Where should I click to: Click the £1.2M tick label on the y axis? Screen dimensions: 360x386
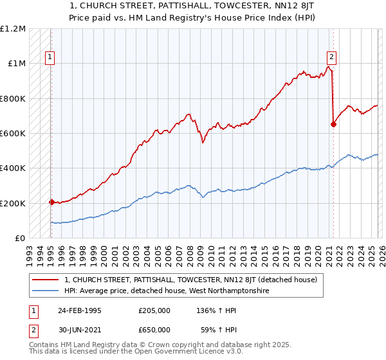point(13,29)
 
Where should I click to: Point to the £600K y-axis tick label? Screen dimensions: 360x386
point(13,134)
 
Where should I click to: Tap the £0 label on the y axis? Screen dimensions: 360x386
point(19,238)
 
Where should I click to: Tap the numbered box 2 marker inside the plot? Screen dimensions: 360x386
point(332,56)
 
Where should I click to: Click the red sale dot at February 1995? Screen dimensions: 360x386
point(51,202)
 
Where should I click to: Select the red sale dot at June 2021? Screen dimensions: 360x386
point(333,125)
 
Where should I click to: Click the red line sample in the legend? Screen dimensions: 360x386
point(46,280)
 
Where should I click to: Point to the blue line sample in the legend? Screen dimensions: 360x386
point(46,291)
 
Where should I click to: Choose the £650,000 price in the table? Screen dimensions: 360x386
point(154,329)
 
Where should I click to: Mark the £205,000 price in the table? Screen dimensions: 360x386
point(154,310)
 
